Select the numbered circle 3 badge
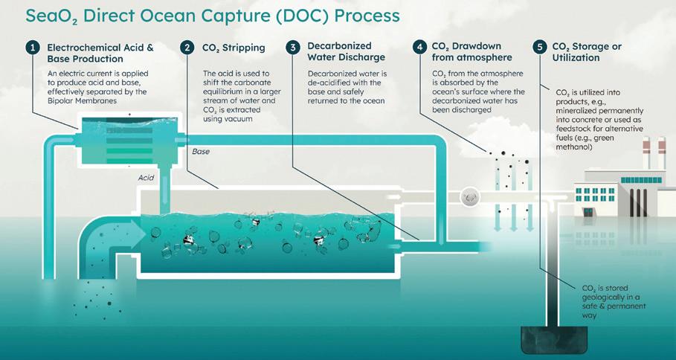[294, 48]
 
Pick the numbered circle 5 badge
[541, 48]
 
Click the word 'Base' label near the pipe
[202, 151]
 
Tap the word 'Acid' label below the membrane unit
[146, 179]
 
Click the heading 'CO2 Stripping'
[234, 48]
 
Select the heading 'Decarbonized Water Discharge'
[347, 54]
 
